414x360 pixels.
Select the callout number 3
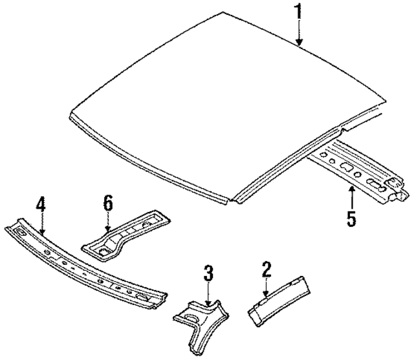pos(208,273)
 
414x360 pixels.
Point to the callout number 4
pos(41,205)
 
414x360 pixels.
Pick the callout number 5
pos(351,218)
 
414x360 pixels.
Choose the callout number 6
pos(108,204)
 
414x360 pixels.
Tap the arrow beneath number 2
pos(265,288)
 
